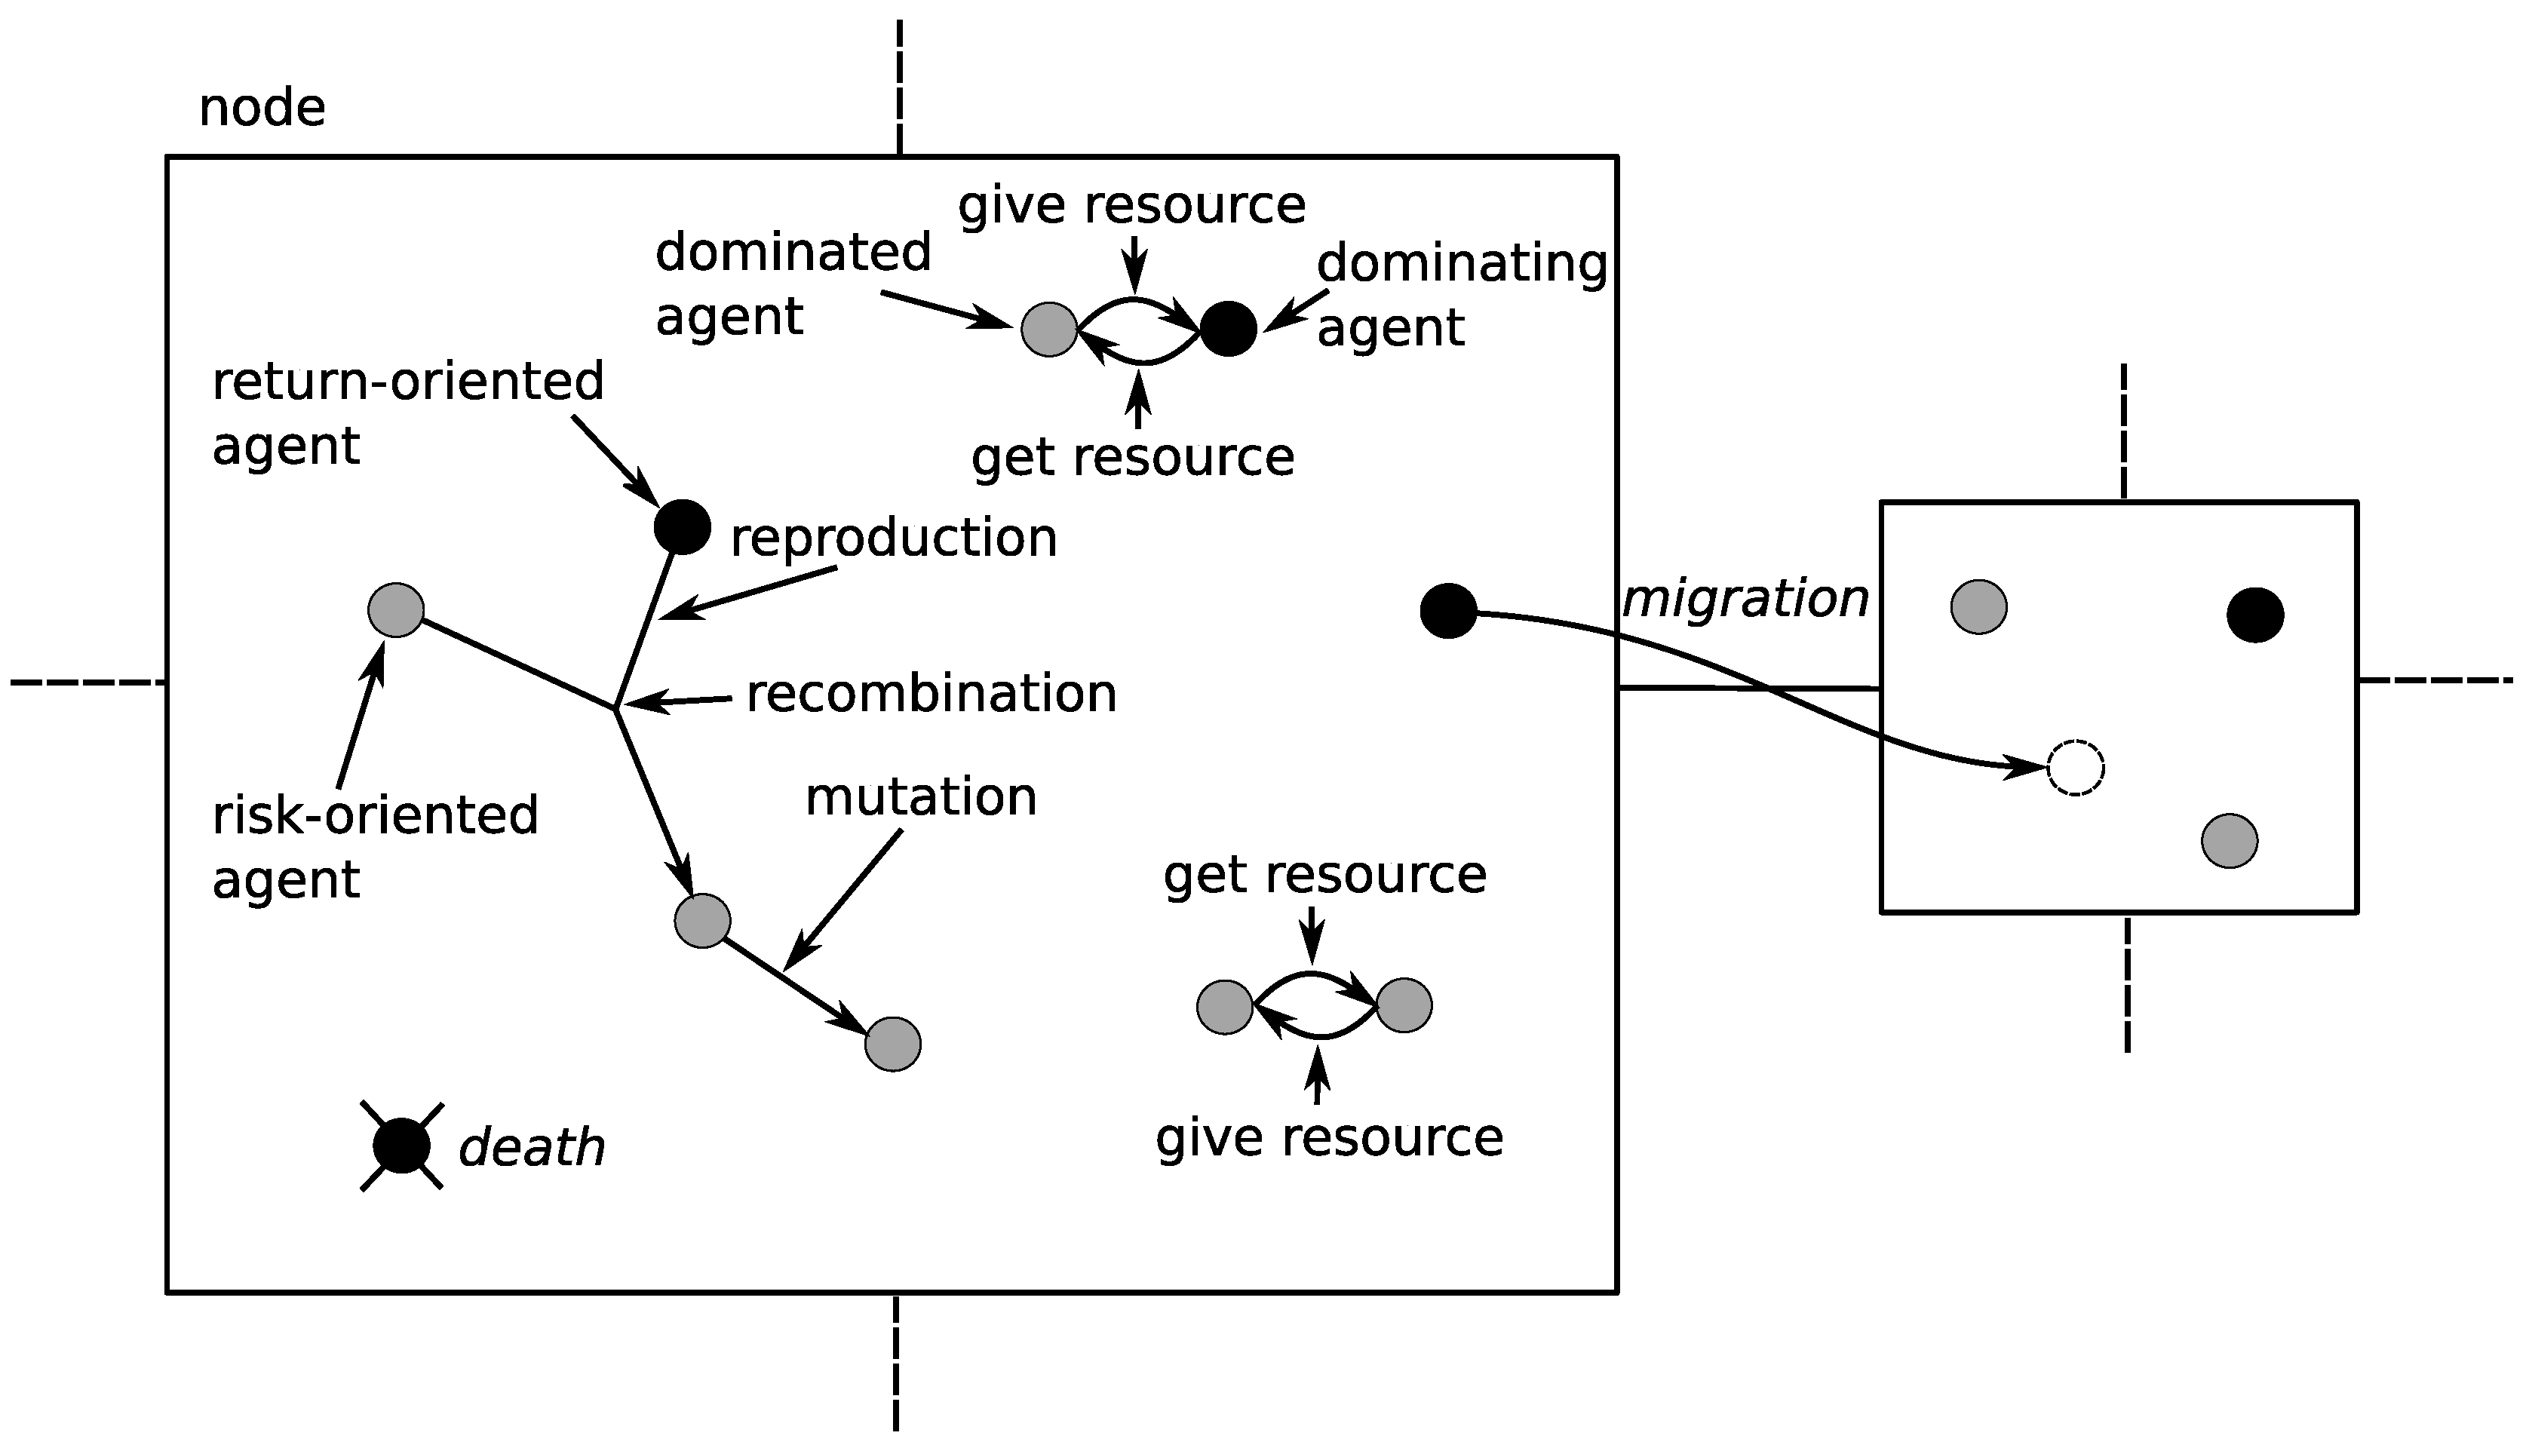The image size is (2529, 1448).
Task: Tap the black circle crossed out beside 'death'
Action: click(x=402, y=1146)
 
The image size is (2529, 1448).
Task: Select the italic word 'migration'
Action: click(x=1745, y=599)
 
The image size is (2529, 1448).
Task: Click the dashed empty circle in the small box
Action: click(x=2076, y=768)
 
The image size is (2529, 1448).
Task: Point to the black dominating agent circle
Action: click(x=1228, y=328)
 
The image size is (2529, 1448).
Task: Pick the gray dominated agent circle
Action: click(x=1049, y=328)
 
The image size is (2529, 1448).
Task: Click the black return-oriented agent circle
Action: click(x=683, y=526)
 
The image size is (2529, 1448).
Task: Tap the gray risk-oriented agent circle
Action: click(x=396, y=609)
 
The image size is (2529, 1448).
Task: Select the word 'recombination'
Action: click(x=931, y=693)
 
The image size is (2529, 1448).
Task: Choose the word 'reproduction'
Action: click(x=893, y=538)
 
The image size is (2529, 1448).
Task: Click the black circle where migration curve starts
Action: click(x=1448, y=611)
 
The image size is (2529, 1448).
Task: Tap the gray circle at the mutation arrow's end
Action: click(x=892, y=1045)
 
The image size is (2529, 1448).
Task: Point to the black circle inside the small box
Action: click(x=2254, y=615)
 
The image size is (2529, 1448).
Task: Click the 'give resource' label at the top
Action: click(x=1131, y=205)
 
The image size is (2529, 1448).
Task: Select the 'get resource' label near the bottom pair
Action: click(x=1324, y=874)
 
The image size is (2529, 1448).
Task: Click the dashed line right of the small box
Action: click(x=2436, y=680)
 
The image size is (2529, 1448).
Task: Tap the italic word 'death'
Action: click(x=532, y=1148)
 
